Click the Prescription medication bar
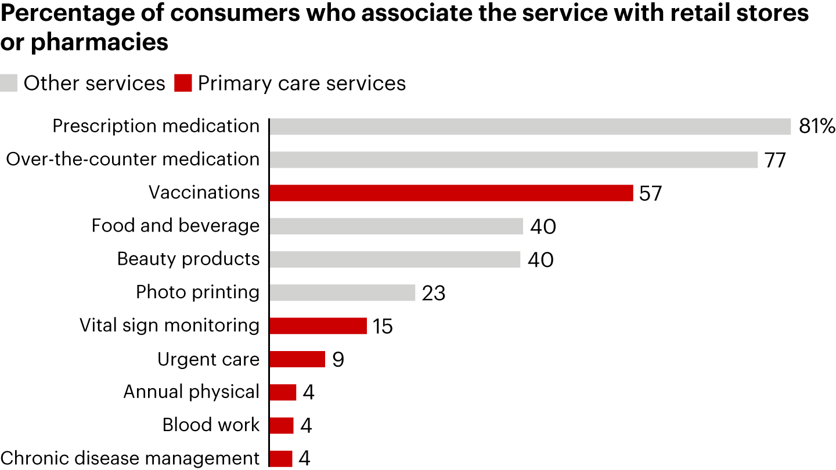click(529, 126)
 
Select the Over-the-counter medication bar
click(513, 160)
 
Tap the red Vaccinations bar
click(451, 193)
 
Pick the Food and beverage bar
click(396, 226)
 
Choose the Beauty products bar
click(395, 259)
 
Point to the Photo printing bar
click(343, 292)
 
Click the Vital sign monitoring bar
click(318, 326)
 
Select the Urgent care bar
click(297, 359)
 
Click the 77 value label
click(775, 160)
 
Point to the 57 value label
click(650, 193)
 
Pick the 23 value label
click(434, 293)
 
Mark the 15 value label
click(383, 326)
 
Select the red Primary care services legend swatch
click(182, 83)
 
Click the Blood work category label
click(211, 425)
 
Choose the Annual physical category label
click(191, 392)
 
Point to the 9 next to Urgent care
click(338, 360)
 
